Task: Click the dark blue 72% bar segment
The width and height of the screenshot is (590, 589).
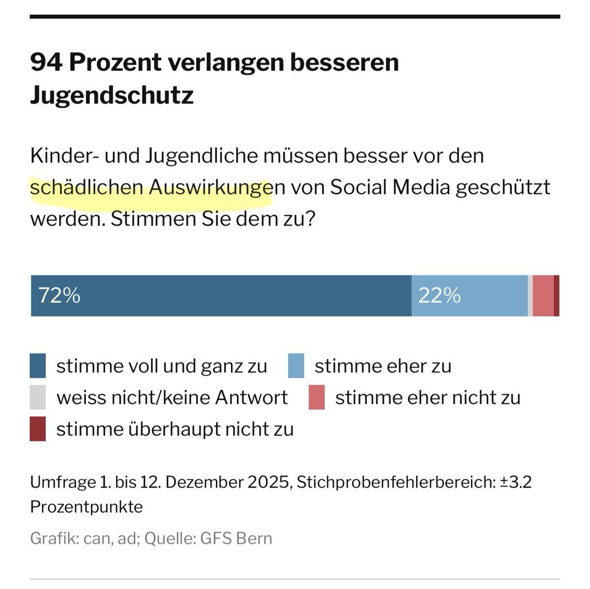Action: [221, 295]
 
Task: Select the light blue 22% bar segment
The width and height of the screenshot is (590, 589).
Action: [470, 295]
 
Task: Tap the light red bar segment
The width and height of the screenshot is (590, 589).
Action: [543, 295]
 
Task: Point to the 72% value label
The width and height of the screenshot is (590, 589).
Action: [59, 295]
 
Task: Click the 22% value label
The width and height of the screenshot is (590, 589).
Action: [439, 295]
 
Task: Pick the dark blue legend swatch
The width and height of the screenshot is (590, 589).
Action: [38, 366]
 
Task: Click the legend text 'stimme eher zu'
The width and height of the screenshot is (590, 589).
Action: [383, 366]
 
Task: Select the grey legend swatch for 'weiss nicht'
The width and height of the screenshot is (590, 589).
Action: [38, 397]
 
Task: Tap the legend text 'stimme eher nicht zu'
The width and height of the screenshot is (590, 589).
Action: [427, 398]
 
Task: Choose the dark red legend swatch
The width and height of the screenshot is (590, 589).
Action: [38, 429]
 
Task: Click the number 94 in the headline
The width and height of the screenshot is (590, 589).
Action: [46, 62]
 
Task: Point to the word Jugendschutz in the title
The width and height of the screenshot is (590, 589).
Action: [112, 95]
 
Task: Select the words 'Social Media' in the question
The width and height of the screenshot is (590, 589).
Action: [390, 187]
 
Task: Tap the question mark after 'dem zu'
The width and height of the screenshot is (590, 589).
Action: [308, 219]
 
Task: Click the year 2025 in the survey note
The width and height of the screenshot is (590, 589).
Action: [267, 482]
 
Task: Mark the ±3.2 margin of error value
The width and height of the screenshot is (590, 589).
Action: [516, 482]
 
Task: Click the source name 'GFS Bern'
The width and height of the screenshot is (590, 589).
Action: [236, 538]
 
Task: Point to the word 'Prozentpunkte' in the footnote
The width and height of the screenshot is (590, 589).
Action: [86, 506]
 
